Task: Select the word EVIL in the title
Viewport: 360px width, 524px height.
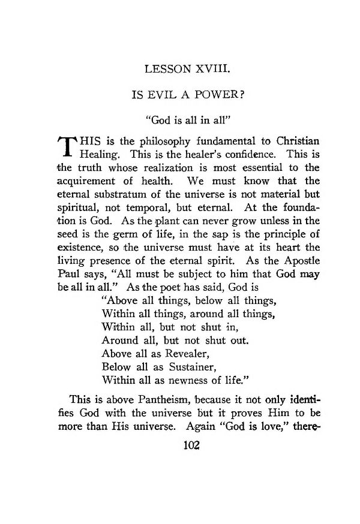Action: [162, 95]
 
